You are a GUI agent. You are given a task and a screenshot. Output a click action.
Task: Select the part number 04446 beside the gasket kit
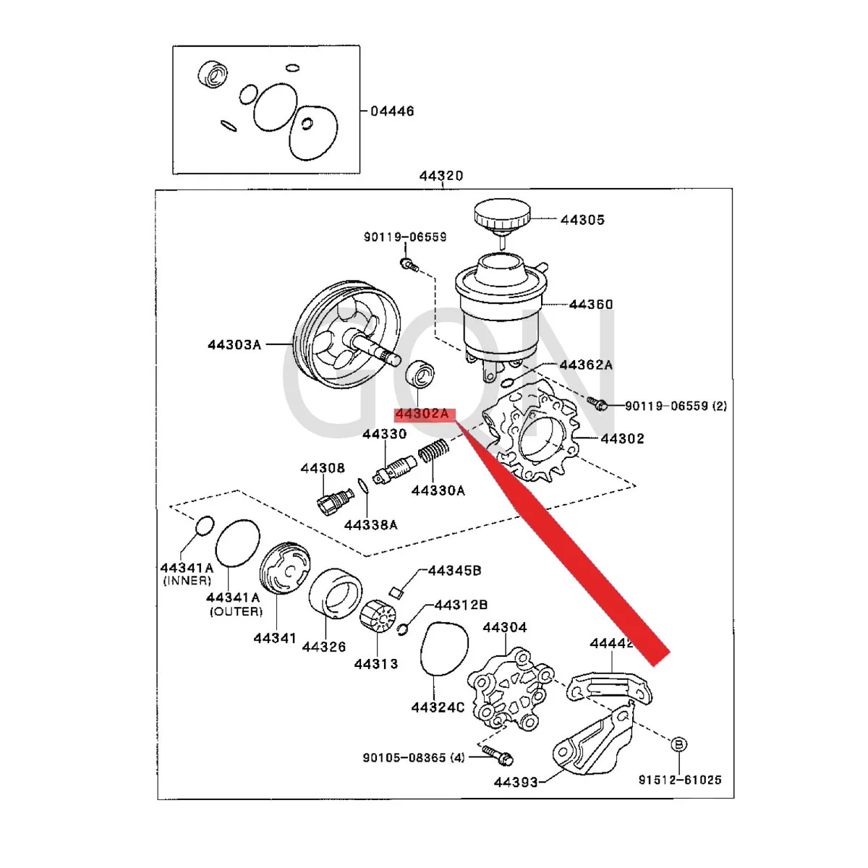pyautogui.click(x=392, y=111)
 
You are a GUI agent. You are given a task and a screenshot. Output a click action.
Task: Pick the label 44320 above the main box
pyautogui.click(x=441, y=176)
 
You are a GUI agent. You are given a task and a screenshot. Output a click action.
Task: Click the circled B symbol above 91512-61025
pyautogui.click(x=679, y=744)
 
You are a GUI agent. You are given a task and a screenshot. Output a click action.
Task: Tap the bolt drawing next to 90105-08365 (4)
pyautogui.click(x=498, y=754)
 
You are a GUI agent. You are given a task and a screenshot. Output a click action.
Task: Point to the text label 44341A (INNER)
pyautogui.click(x=187, y=574)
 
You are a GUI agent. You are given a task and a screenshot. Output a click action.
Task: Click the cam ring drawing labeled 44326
pyautogui.click(x=336, y=593)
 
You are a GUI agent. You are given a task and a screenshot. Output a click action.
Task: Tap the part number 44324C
pyautogui.click(x=438, y=707)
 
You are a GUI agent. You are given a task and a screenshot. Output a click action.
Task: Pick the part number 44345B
pyautogui.click(x=454, y=571)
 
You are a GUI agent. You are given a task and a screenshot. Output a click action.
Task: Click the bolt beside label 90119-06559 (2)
pyautogui.click(x=597, y=403)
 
